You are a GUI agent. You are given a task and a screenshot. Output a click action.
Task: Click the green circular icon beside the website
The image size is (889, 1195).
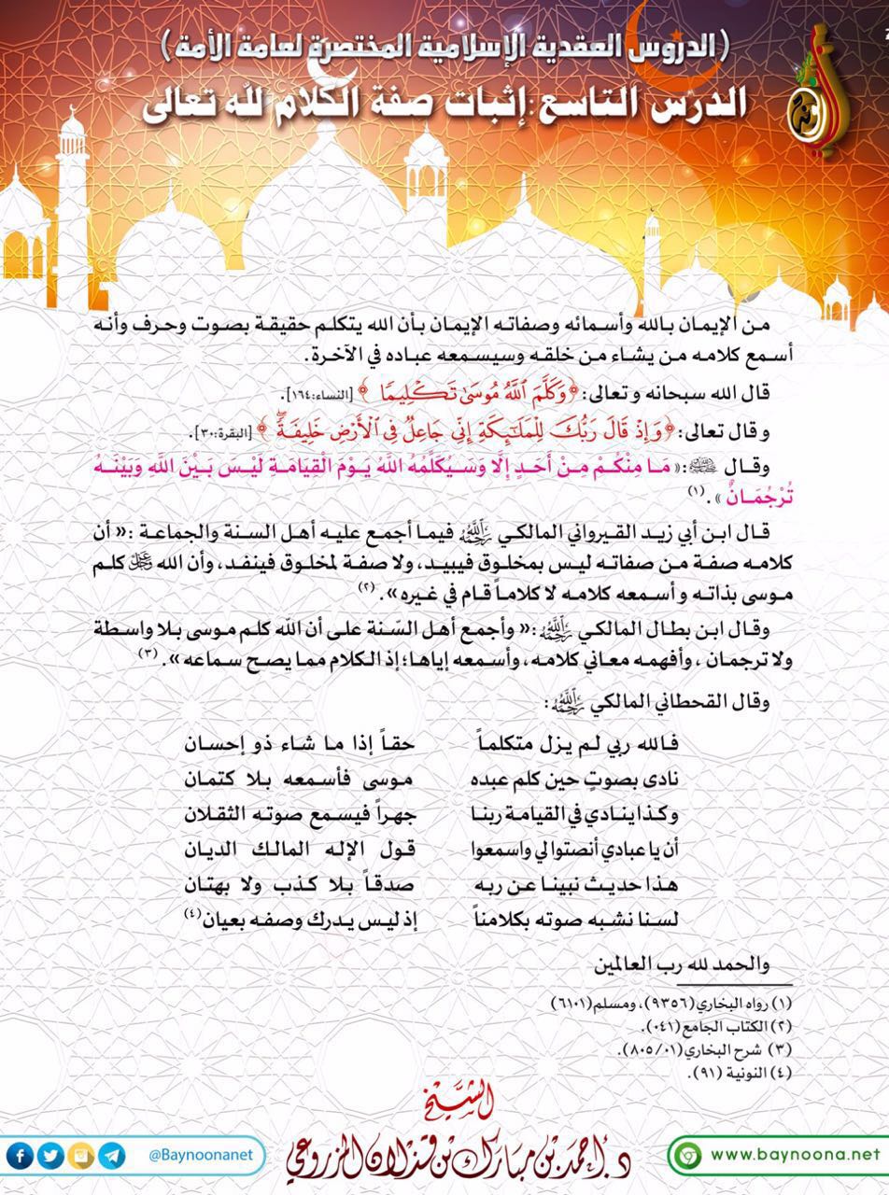click(x=688, y=1155)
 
